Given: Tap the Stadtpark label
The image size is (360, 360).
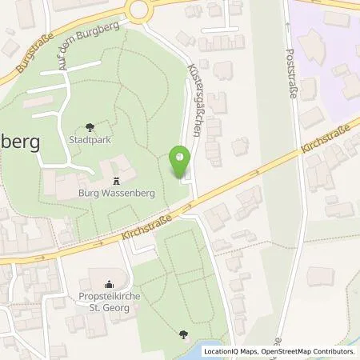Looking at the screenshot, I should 89,138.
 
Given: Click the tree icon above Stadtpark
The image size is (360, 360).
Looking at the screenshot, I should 89,126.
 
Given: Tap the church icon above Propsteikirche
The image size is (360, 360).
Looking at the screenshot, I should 110,282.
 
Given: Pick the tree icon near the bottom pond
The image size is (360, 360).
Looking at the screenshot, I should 185,335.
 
